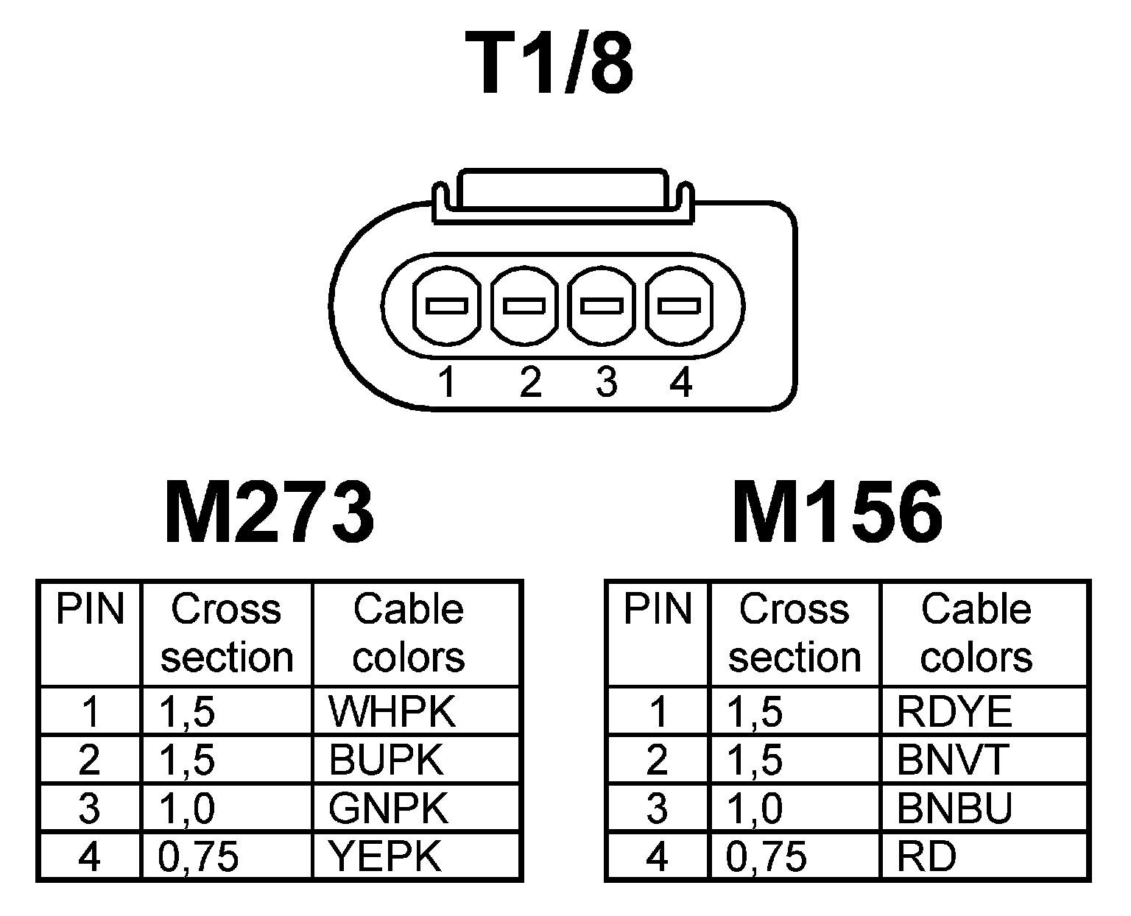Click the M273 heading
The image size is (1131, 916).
pos(269,512)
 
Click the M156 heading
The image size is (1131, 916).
pos(838,512)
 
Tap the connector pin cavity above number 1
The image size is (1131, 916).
pos(447,305)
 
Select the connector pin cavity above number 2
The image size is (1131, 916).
pos(523,305)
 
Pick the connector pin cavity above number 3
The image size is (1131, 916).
pos(602,305)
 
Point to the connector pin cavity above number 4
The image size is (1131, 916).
pos(678,305)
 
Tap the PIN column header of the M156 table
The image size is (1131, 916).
pos(658,610)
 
